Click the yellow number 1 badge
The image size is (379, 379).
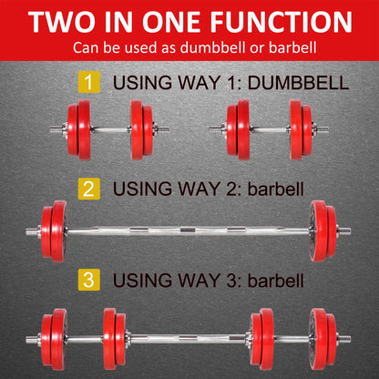(x=89, y=83)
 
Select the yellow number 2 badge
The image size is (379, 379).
(x=89, y=189)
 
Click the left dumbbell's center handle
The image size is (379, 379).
(x=109, y=129)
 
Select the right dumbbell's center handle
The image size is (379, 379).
(x=264, y=129)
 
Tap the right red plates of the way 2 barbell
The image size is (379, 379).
(x=321, y=231)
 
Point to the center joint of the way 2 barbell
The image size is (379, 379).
(x=189, y=231)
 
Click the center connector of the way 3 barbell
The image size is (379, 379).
(x=189, y=340)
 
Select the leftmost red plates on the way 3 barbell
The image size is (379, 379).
(x=55, y=340)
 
